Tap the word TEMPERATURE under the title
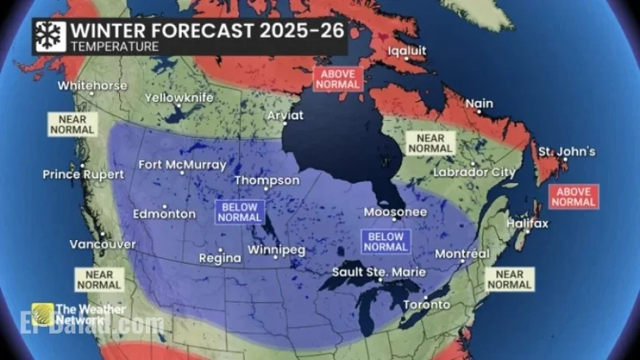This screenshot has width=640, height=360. (x=114, y=46)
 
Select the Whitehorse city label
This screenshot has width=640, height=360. (x=92, y=85)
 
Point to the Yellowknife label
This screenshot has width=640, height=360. (x=179, y=98)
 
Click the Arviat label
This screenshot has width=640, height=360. (x=285, y=115)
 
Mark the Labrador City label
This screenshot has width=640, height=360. (x=473, y=172)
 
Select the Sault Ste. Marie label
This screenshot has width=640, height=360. (x=377, y=272)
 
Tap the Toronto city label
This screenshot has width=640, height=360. (x=427, y=304)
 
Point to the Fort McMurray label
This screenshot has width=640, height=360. (x=182, y=164)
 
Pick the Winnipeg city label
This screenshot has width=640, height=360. (x=276, y=250)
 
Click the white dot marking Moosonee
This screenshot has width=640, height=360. (x=394, y=219)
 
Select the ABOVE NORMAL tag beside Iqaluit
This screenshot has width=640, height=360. (x=338, y=79)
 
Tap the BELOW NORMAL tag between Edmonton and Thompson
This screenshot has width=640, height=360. (x=238, y=212)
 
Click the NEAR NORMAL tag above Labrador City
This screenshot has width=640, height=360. (x=430, y=143)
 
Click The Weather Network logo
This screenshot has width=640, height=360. (x=78, y=314)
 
